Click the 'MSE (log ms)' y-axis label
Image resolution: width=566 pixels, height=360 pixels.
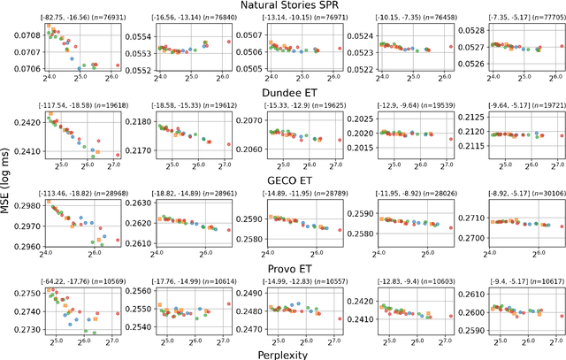[x=7, y=180]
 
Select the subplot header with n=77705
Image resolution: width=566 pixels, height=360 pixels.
[x=516, y=18]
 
